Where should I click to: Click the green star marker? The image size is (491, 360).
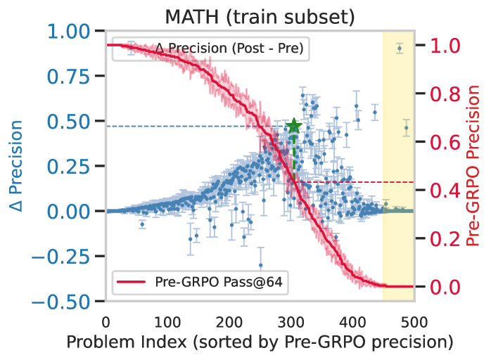tap(293, 127)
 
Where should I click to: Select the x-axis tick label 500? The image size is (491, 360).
tap(413, 323)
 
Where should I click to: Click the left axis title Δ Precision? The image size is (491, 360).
tap(15, 166)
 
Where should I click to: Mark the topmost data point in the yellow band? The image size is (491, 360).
tap(399, 49)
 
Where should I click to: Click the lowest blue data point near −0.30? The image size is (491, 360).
tap(260, 265)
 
